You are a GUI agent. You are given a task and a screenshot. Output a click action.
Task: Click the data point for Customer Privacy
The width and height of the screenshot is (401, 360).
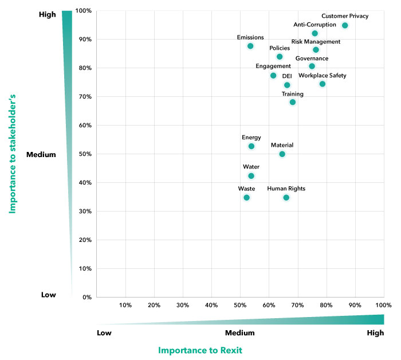point(345,25)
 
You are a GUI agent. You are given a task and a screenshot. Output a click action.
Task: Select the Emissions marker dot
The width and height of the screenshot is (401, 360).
point(250,46)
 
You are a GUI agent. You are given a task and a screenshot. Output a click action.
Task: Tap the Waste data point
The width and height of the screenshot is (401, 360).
point(246,197)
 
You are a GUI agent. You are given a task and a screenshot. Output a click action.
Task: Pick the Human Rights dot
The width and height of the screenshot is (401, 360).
point(286,197)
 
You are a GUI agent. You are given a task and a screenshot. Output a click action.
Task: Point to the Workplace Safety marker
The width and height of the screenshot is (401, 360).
point(323,84)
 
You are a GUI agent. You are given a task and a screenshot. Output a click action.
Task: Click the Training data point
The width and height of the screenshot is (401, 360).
point(293,102)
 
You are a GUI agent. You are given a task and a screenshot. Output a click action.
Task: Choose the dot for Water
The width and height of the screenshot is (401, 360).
point(251,176)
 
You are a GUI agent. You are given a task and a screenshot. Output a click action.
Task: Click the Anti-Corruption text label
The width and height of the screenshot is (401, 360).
point(314,25)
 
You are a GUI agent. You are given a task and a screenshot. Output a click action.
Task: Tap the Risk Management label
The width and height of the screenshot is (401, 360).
point(316,42)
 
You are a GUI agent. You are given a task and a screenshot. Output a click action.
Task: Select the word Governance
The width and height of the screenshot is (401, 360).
point(312,58)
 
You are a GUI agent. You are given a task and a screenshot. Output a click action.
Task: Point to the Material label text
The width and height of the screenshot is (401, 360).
point(282,146)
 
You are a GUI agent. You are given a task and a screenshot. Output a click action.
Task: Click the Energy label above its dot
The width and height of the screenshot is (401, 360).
point(251,138)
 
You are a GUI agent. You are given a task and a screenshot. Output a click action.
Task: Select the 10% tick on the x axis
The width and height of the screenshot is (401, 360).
point(125,305)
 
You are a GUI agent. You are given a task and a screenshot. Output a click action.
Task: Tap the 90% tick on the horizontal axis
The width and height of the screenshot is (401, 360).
point(355,305)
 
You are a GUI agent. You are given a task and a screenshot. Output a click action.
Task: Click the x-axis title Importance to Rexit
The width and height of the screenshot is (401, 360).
point(200,350)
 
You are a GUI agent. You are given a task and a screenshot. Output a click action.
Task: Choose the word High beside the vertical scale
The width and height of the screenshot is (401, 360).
point(47,15)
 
